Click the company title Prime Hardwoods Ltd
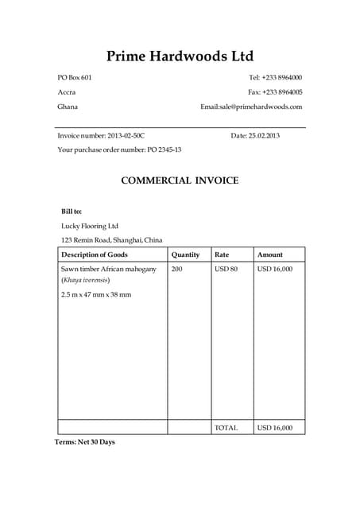coord(180,56)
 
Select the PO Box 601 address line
coord(75,77)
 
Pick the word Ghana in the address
coord(68,107)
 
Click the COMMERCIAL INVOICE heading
coord(180,181)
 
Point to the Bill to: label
coord(72,212)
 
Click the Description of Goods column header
coord(95,254)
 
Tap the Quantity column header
coord(185,254)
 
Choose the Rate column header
coord(222,254)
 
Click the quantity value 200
coord(176,269)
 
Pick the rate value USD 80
coord(226,269)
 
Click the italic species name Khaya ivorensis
coord(86,280)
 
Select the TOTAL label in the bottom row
coord(226,428)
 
